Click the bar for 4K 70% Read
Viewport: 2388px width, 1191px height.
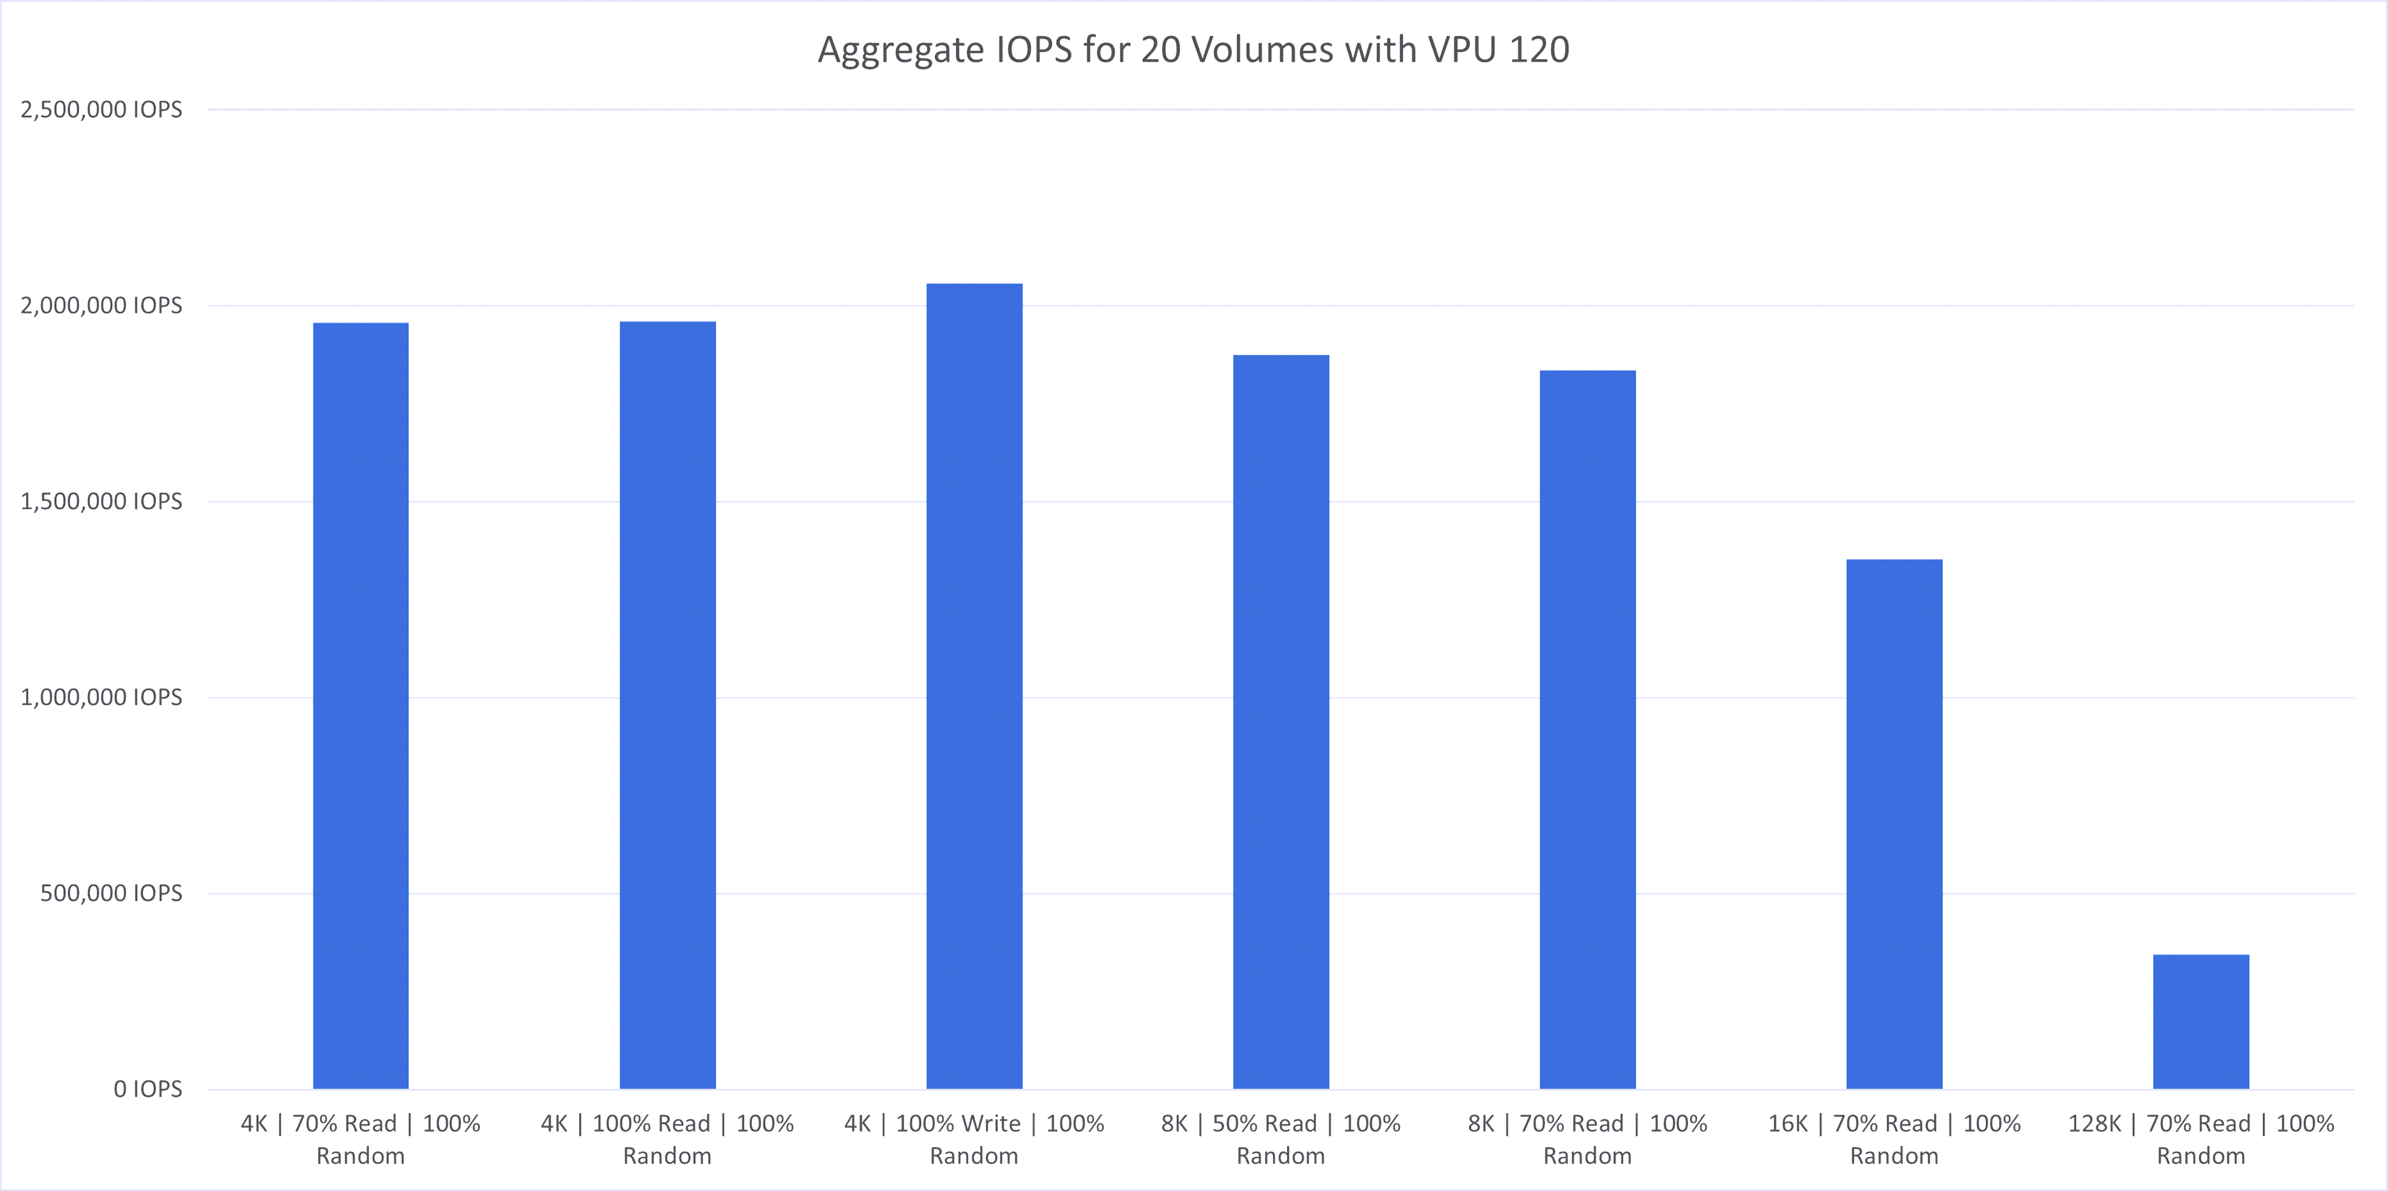(x=361, y=704)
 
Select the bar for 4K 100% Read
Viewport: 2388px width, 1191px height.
(x=667, y=704)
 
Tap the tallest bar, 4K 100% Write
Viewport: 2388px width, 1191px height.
(x=974, y=686)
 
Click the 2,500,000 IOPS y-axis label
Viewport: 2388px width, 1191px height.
(x=101, y=109)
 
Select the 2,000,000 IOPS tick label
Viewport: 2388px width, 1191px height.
(x=101, y=305)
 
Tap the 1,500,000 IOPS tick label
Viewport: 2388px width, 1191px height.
(x=101, y=501)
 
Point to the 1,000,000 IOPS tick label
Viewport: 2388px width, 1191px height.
(x=101, y=697)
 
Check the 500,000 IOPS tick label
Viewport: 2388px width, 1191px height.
(x=111, y=893)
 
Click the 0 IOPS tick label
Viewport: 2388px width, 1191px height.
(x=147, y=1089)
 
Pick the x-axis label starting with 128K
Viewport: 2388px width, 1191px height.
(x=2201, y=1139)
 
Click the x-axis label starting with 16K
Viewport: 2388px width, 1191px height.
(x=1894, y=1139)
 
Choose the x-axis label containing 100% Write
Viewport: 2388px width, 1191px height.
(x=974, y=1139)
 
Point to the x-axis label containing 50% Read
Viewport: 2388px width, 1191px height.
(x=1281, y=1139)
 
